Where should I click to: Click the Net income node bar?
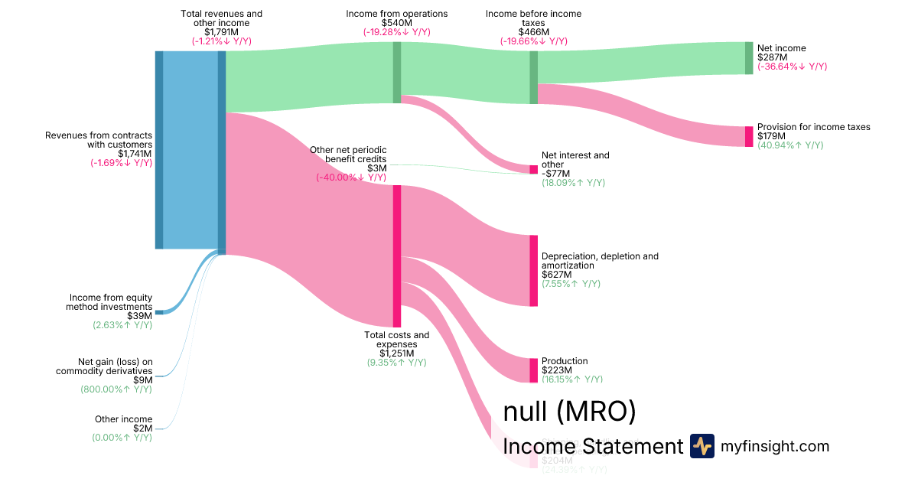click(749, 58)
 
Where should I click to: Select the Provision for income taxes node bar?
click(749, 136)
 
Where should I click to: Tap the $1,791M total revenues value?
click(221, 32)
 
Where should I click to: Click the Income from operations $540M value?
click(396, 23)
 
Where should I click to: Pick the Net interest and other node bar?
click(533, 169)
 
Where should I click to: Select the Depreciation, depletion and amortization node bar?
click(533, 271)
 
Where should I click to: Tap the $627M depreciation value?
click(556, 275)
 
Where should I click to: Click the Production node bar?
click(533, 370)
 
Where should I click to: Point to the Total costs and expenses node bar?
click(397, 256)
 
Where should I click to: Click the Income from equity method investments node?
click(159, 312)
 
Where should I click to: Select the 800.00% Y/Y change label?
click(116, 389)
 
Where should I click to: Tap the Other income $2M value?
click(142, 428)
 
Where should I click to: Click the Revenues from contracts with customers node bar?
click(159, 150)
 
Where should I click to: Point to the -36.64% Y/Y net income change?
click(792, 67)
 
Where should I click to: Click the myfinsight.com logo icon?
click(702, 446)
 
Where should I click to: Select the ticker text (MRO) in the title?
click(596, 412)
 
